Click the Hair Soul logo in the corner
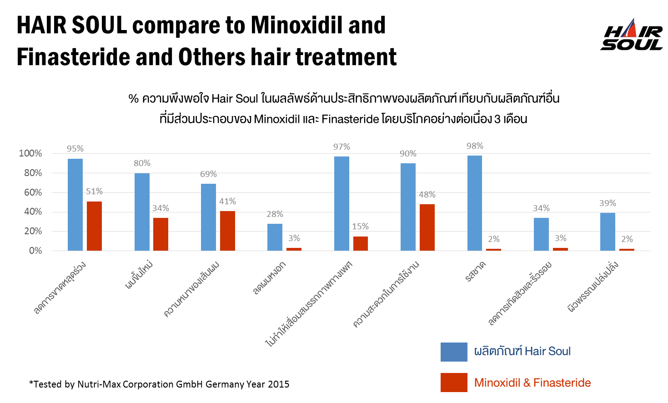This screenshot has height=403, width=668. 632,34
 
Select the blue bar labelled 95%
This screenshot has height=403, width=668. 75,205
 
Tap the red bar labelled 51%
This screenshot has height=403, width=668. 94,226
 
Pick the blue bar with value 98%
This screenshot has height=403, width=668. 475,203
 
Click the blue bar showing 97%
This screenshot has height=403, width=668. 342,203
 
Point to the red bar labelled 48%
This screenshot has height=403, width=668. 427,227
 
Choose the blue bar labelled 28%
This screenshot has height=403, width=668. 275,237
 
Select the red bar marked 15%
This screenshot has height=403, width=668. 361,243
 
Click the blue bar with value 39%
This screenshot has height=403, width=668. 608,232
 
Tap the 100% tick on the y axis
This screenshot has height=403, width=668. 30,153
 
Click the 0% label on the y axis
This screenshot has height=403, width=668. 35,251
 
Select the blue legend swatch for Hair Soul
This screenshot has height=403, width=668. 454,352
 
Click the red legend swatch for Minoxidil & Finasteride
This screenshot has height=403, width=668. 454,382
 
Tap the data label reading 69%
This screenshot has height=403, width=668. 208,174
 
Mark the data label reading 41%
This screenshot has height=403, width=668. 227,201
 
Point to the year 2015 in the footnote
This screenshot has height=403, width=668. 278,384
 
